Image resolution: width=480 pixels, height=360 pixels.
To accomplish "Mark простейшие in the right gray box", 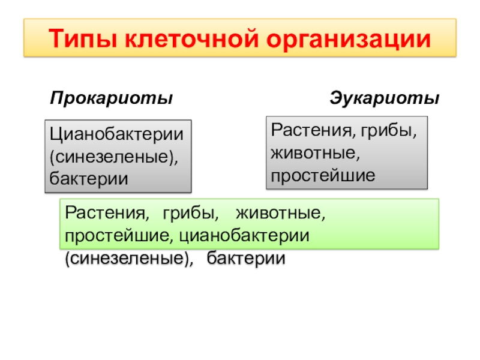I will (x=322, y=175).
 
